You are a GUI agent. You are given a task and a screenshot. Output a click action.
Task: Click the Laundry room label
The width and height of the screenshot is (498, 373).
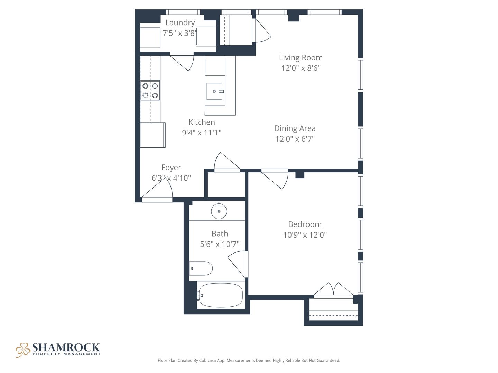[x=180, y=23]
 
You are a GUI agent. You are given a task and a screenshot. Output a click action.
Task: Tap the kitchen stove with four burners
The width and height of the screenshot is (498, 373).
[x=150, y=90]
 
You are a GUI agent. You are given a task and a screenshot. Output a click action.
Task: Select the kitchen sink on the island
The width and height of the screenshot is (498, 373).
[x=215, y=91]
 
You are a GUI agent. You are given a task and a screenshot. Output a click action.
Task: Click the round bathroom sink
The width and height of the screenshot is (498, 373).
[x=219, y=211]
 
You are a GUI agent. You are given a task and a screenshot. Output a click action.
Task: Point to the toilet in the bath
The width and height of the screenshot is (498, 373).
[x=201, y=268]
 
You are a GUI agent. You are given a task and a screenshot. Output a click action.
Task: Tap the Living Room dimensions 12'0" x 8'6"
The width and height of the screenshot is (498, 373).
[x=301, y=68]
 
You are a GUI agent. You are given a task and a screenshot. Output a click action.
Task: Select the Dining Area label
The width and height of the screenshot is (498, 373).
[x=295, y=128]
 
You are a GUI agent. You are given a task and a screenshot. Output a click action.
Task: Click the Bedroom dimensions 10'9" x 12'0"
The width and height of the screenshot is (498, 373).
[x=305, y=235]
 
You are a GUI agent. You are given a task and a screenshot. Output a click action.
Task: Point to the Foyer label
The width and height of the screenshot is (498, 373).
[x=171, y=168]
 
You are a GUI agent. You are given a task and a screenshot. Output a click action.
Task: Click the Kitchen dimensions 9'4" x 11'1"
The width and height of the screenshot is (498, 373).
[x=202, y=133]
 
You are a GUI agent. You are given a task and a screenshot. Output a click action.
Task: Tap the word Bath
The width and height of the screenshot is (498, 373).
[x=220, y=234]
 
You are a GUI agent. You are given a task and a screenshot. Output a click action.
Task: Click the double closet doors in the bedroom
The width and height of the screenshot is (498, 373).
[x=333, y=289]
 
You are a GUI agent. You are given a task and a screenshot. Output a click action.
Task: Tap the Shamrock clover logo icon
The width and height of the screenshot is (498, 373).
[x=23, y=350]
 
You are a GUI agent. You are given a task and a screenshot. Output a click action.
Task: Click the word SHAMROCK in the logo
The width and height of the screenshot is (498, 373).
[x=66, y=347]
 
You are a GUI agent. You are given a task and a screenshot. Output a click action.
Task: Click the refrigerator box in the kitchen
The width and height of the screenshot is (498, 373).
[x=153, y=135]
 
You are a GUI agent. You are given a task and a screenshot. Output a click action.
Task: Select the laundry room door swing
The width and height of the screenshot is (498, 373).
[x=182, y=61]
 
